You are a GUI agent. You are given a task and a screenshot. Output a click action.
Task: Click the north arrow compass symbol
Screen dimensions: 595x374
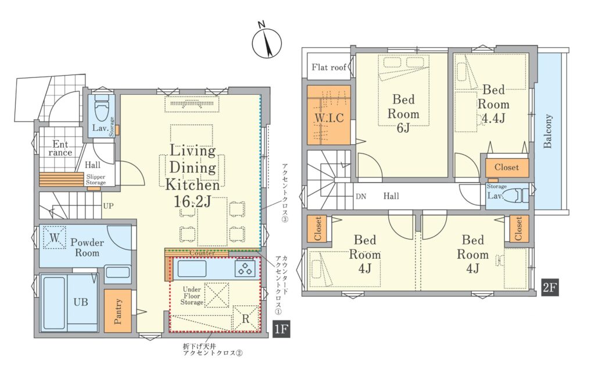pyautogui.click(x=267, y=42)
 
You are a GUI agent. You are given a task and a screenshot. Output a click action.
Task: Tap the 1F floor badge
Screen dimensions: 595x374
pyautogui.click(x=281, y=328)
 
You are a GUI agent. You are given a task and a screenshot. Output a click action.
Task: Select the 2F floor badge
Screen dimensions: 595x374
pyautogui.click(x=550, y=287)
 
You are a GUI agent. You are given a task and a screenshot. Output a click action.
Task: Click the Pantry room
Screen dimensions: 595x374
pyautogui.click(x=117, y=311)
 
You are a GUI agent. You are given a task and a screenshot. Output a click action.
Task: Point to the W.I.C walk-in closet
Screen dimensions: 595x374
pyautogui.click(x=329, y=115)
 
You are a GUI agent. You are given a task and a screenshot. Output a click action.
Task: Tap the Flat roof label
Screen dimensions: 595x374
pyautogui.click(x=329, y=67)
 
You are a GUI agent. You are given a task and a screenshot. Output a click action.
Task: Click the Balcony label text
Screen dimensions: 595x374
pyautogui.click(x=547, y=131)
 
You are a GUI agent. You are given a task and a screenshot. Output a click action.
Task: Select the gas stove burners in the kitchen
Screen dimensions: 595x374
pyautogui.click(x=245, y=269)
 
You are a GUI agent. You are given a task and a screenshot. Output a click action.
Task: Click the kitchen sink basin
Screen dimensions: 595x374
pyautogui.click(x=192, y=269)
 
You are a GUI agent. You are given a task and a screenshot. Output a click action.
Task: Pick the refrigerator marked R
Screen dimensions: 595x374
pyautogui.click(x=246, y=318)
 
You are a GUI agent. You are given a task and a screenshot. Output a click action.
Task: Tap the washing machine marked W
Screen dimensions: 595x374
pyautogui.click(x=55, y=238)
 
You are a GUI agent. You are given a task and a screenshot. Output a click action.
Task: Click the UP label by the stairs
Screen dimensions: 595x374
pyautogui.click(x=109, y=206)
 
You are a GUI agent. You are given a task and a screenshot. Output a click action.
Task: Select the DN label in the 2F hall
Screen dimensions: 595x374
pyautogui.click(x=361, y=197)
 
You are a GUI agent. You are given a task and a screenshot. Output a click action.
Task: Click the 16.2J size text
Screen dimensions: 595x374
pyautogui.click(x=192, y=202)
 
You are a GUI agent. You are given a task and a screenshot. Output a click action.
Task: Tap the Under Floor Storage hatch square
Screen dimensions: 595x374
pyautogui.click(x=217, y=295)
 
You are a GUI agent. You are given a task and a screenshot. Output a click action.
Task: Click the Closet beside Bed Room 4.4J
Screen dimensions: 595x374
pyautogui.click(x=507, y=168)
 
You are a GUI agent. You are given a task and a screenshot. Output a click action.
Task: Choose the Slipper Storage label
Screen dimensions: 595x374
pyautogui.click(x=96, y=180)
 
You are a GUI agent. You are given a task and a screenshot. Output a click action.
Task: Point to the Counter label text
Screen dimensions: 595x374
pyautogui.click(x=202, y=253)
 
